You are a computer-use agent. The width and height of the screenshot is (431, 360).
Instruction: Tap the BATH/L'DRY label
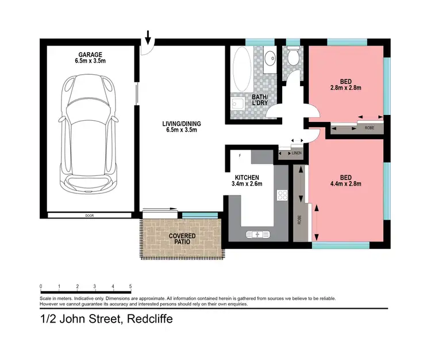[260, 99]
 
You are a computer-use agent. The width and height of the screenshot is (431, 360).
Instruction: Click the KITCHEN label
[246, 177]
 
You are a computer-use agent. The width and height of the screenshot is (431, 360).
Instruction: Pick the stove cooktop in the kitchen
[282, 196]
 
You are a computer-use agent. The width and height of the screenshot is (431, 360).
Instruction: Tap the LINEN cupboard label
[297, 153]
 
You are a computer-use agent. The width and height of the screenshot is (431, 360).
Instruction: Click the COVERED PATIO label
[182, 239]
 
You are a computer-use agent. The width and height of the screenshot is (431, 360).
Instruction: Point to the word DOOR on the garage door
[88, 216]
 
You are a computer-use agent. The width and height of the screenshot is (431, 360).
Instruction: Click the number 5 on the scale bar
[131, 286]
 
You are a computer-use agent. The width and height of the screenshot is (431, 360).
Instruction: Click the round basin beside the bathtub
[270, 58]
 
